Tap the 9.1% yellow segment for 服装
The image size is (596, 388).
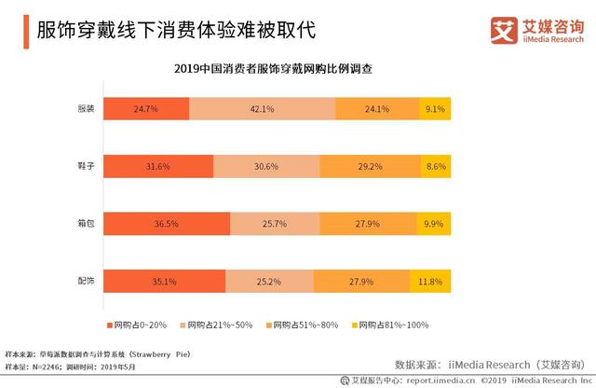coord(435,108)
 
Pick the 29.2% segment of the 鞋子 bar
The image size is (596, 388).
coord(370,166)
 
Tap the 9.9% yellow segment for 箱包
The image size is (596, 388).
coord(434,224)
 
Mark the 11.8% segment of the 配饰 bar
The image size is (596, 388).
coord(430,281)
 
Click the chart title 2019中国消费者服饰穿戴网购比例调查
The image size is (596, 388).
coord(279,69)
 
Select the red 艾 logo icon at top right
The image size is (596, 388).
coord(504,29)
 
